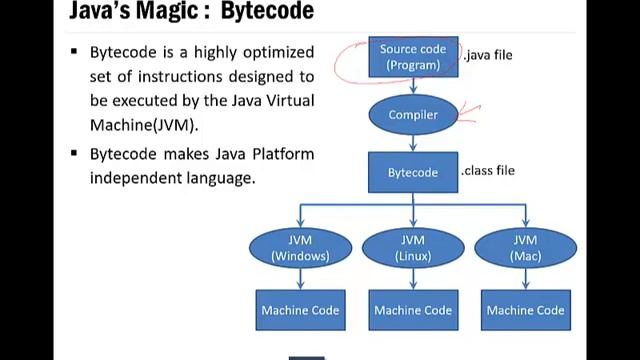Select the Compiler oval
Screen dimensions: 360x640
tap(412, 115)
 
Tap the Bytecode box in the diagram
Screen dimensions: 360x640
tap(412, 172)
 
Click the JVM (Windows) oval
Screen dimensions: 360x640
tap(300, 248)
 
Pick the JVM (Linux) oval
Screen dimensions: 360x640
tap(412, 248)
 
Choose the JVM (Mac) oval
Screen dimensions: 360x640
tap(525, 248)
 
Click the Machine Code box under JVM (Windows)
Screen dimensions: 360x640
tap(300, 310)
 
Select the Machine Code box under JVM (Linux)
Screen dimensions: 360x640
tap(412, 310)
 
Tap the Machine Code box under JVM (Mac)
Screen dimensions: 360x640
tap(525, 310)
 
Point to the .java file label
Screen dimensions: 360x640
tap(487, 55)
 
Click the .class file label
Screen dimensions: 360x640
tap(488, 171)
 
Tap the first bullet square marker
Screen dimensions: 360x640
tap(74, 52)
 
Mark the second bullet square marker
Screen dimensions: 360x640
tap(74, 154)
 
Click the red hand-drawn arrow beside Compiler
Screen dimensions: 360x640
tap(468, 112)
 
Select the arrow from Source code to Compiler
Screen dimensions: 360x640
tap(412, 87)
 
